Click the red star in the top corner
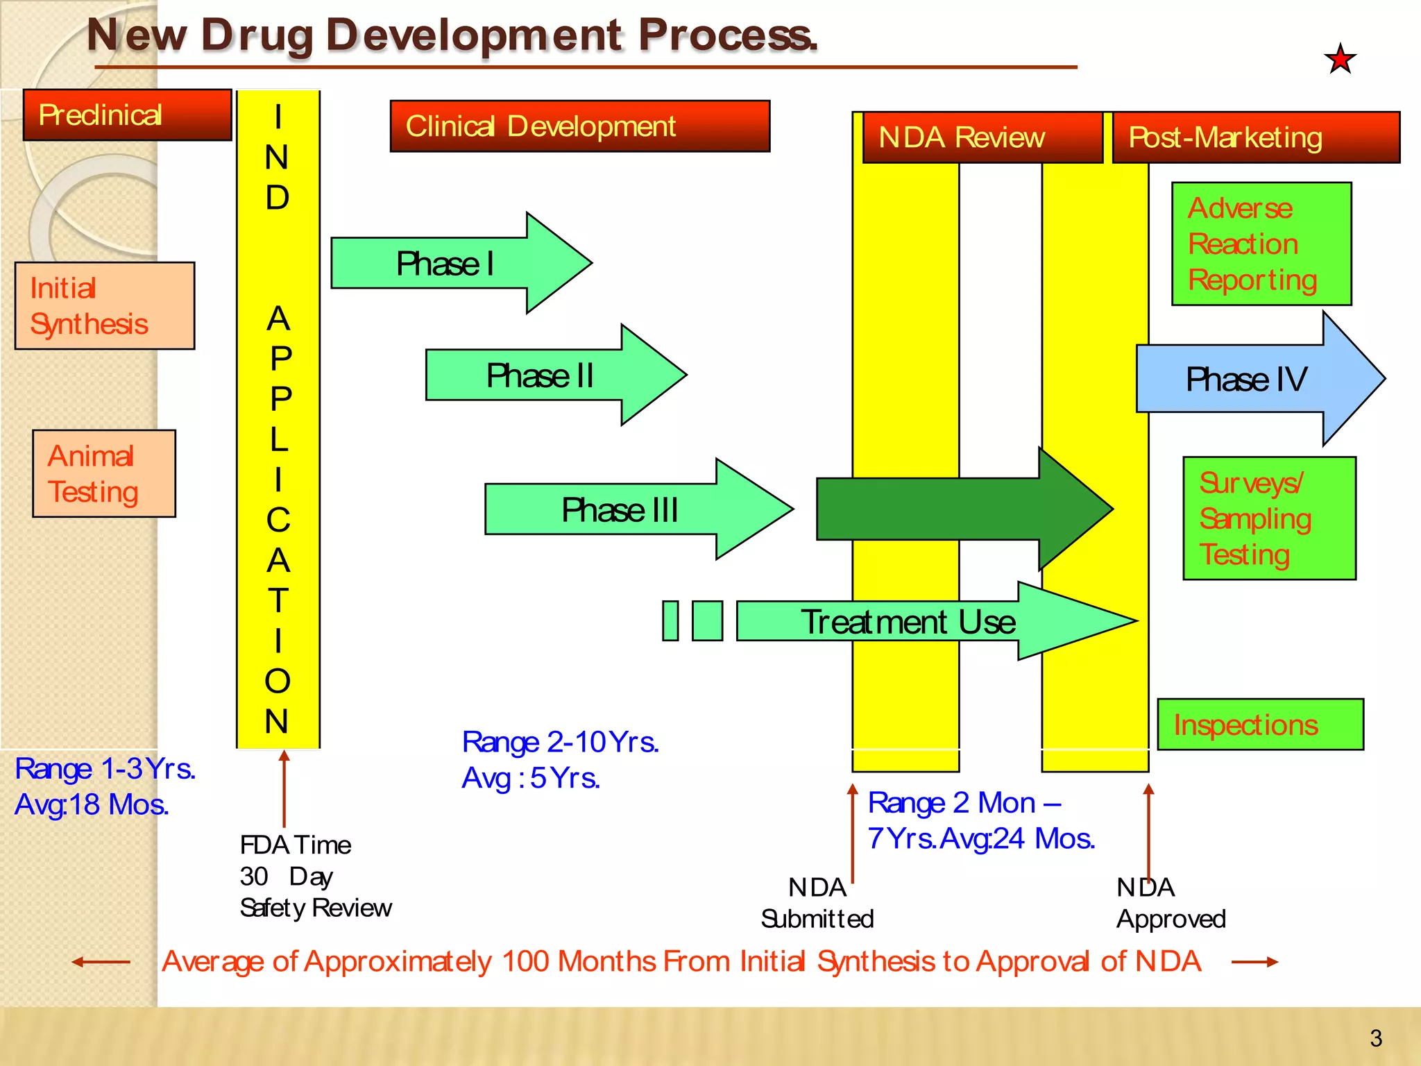pyautogui.click(x=1340, y=59)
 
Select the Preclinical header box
pyautogui.click(x=127, y=115)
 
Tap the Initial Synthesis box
pyautogui.click(x=105, y=306)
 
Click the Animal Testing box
pyautogui.click(x=104, y=474)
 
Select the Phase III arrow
pyautogui.click(x=624, y=510)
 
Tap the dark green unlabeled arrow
pyautogui.click(x=958, y=509)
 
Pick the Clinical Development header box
pyautogui.click(x=580, y=126)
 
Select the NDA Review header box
pyautogui.click(x=982, y=137)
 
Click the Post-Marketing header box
pyautogui.click(x=1256, y=137)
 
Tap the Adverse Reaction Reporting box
pyautogui.click(x=1261, y=244)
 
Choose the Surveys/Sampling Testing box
pyautogui.click(x=1269, y=518)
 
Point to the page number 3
pyautogui.click(x=1376, y=1038)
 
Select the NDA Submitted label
pyautogui.click(x=817, y=903)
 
